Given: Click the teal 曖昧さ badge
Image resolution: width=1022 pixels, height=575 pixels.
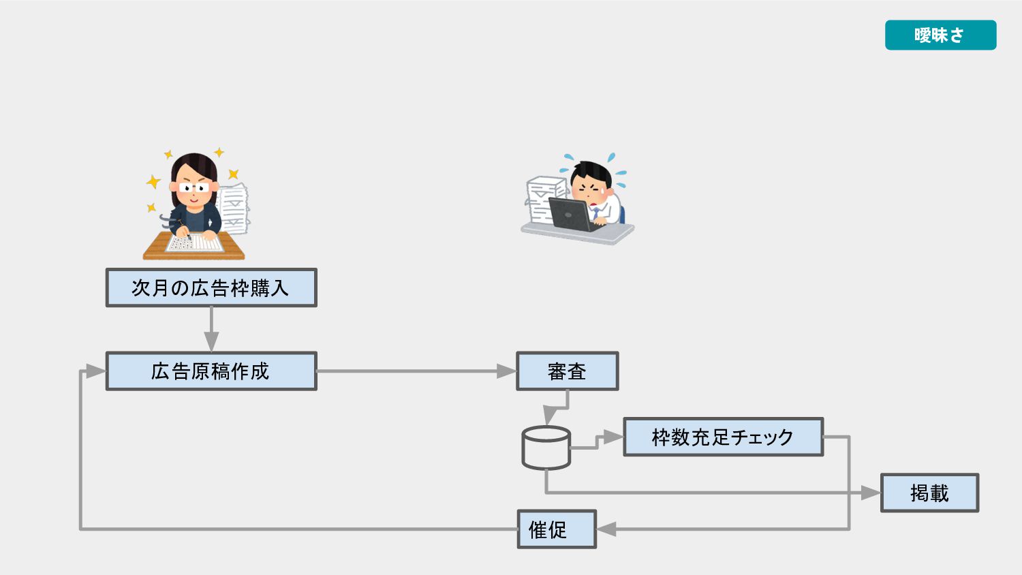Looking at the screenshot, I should coord(940,35).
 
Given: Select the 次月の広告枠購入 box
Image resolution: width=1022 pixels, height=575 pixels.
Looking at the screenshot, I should coord(211,287).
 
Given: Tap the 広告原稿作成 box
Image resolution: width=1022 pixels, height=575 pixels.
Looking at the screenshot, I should coord(211,371).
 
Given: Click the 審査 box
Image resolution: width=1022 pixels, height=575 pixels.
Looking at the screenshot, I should coord(567,371).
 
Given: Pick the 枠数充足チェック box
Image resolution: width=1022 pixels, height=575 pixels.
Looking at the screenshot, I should coord(723,437).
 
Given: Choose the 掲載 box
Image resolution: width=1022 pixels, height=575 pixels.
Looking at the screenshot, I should coord(929,493).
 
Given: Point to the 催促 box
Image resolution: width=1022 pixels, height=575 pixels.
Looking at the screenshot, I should coord(556,529).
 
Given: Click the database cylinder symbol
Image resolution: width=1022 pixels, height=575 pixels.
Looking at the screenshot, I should coord(546,448).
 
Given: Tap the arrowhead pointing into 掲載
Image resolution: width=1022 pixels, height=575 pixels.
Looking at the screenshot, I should coord(871,493).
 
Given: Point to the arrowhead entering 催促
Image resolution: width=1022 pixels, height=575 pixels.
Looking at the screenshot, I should coord(606,529).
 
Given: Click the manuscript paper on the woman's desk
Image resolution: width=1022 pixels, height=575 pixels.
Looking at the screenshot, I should coord(196,243).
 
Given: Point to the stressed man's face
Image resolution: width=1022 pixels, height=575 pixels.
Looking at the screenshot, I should coord(589,184).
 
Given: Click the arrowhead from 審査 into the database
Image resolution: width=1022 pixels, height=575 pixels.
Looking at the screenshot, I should coord(549,416).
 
